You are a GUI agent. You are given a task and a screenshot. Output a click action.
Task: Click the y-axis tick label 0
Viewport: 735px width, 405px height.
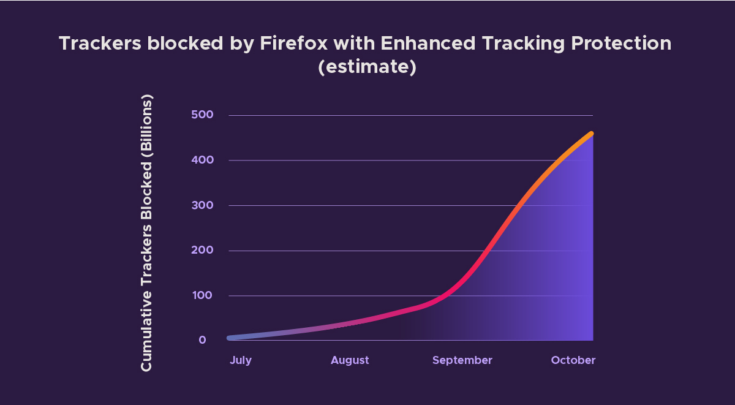tap(202, 341)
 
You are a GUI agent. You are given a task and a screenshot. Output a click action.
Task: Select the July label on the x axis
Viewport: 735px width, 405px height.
tap(241, 360)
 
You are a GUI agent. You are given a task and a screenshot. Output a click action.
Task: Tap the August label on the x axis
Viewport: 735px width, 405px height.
tap(350, 360)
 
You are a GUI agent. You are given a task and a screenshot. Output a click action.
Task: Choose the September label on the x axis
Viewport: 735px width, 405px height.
tap(462, 360)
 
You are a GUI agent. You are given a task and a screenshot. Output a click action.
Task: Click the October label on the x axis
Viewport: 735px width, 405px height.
tap(573, 360)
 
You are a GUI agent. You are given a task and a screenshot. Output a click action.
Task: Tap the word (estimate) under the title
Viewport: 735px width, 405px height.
tap(367, 66)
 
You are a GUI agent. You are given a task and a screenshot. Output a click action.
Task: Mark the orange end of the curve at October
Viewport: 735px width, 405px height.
tap(591, 134)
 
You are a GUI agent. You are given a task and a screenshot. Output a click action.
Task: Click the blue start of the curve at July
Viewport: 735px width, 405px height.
tap(230, 338)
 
